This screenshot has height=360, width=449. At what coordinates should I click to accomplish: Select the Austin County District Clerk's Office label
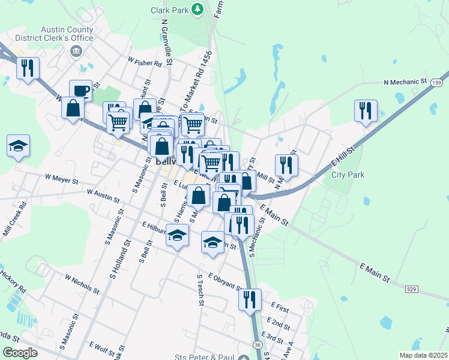(x=67, y=34)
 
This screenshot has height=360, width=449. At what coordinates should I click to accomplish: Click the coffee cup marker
(x=80, y=91)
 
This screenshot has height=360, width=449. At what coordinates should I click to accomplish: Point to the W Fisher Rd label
(x=145, y=62)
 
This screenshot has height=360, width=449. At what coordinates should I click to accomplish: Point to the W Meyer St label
(x=62, y=179)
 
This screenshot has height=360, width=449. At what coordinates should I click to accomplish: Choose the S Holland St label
(x=120, y=259)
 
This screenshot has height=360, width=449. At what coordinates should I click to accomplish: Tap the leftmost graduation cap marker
(x=19, y=146)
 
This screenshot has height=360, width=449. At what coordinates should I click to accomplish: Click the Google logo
(x=20, y=353)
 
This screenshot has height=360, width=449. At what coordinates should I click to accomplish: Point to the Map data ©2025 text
(x=423, y=355)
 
